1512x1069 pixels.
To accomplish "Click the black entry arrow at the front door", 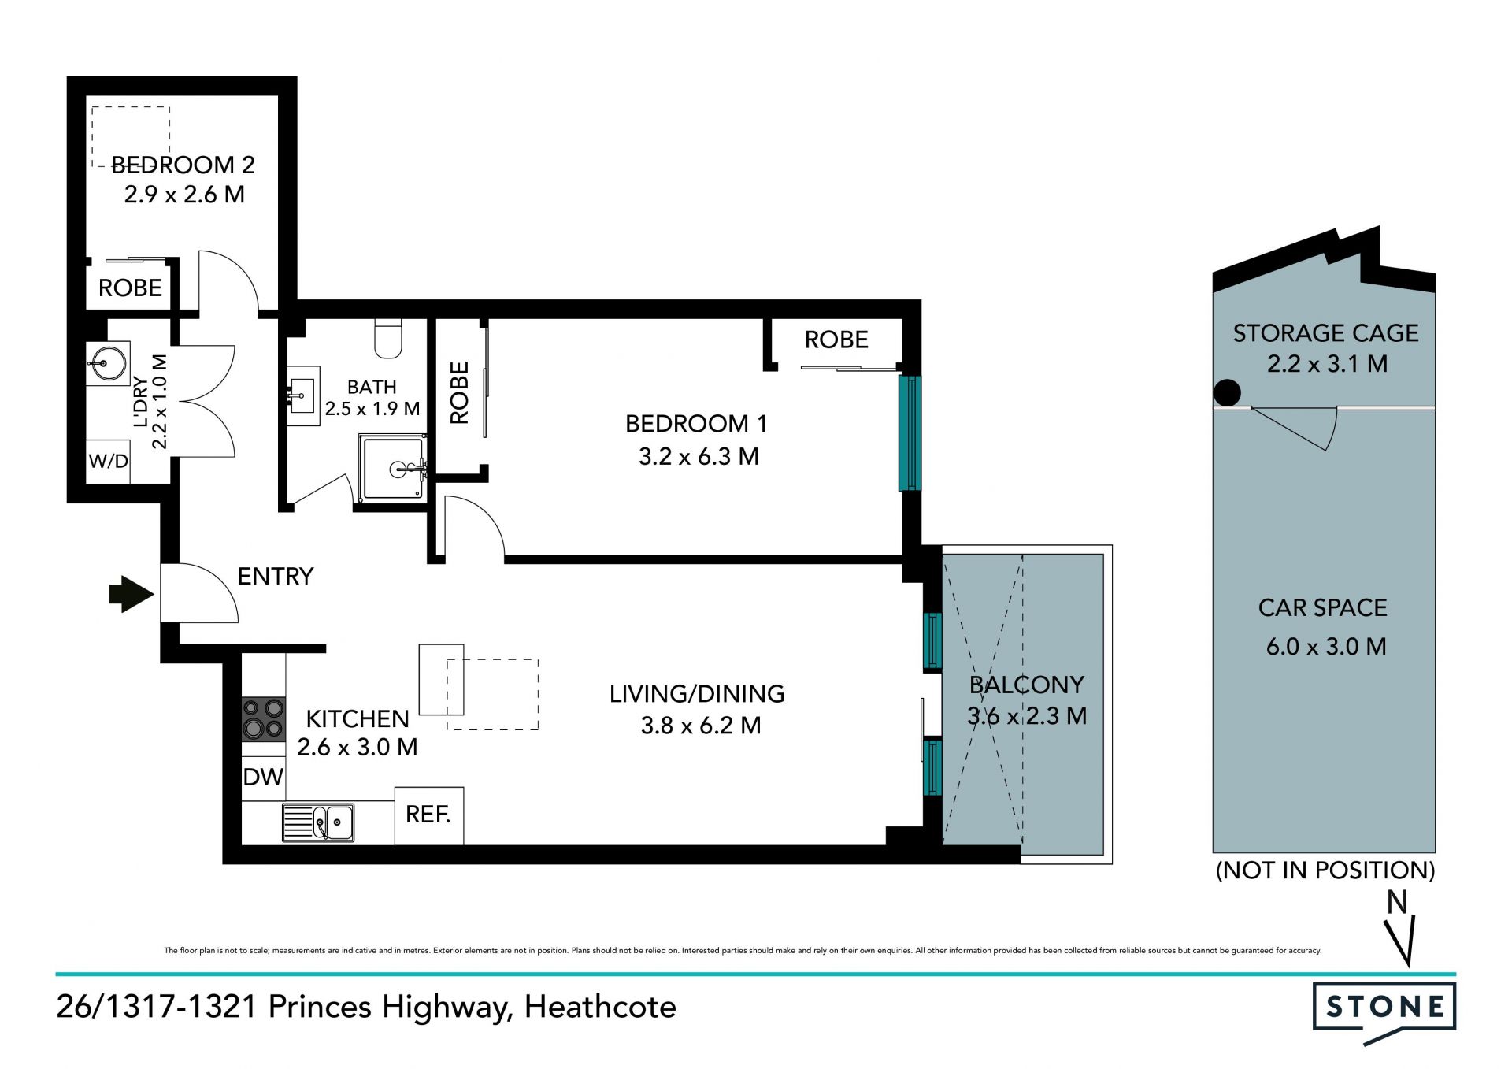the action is (131, 594).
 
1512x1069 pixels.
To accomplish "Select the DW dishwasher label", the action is (263, 778).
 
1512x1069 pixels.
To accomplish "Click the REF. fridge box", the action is (429, 815).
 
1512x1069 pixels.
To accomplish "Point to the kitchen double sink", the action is (318, 822).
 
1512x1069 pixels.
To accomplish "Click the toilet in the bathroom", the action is (388, 336).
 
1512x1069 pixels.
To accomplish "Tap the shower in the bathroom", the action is (392, 467).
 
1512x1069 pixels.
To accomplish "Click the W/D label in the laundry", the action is (108, 461).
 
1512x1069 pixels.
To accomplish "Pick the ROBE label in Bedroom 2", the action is (130, 288).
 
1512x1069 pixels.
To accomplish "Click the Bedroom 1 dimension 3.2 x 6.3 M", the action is (699, 456).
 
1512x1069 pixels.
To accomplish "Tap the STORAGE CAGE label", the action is (1326, 333).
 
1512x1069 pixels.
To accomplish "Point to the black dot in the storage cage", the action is (1227, 392).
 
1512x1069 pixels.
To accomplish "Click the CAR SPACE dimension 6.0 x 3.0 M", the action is (1326, 647).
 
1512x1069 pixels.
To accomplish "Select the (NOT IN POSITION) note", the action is (1326, 870).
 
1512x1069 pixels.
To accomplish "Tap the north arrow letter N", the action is (1397, 902).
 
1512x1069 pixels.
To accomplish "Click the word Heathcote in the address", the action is (600, 1007).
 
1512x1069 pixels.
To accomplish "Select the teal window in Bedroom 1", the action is (910, 432).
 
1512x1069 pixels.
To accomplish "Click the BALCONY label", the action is (1027, 685).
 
